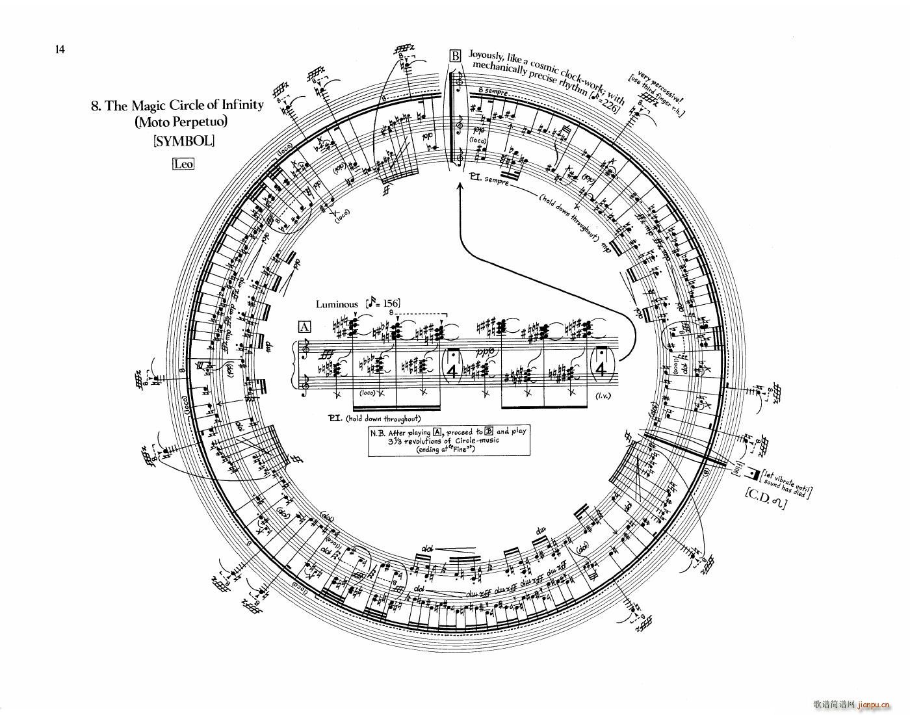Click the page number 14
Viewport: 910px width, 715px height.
[60, 49]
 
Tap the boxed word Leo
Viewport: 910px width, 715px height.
[183, 164]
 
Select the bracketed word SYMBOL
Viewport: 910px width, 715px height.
[183, 140]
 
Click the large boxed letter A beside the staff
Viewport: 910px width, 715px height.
[304, 327]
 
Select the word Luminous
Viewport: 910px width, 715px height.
[337, 304]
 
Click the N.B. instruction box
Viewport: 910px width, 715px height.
[448, 441]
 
